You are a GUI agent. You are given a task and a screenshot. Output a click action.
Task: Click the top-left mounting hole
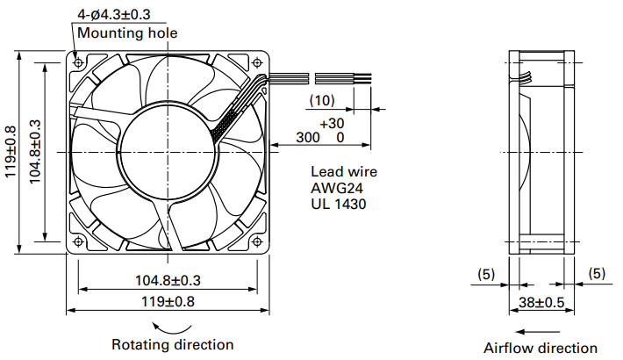(78, 62)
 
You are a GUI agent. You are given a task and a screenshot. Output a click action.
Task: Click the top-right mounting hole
(257, 62)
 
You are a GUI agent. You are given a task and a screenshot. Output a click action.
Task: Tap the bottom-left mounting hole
(78, 241)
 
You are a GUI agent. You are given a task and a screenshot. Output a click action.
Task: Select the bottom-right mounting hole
(257, 241)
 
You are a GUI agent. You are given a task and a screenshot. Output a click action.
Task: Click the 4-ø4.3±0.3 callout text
(114, 14)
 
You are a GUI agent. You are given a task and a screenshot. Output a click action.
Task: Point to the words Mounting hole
(127, 33)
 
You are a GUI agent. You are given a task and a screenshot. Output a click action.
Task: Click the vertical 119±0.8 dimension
(11, 152)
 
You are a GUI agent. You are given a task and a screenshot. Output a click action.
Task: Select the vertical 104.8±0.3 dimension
(35, 152)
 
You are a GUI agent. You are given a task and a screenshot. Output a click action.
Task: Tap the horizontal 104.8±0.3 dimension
(168, 280)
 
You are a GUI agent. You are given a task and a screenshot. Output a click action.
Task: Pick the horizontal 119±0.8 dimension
(168, 301)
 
